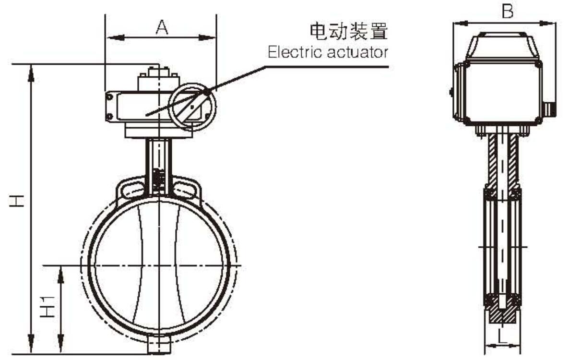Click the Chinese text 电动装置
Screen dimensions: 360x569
tap(348, 32)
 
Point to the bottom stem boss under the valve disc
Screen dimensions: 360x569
tap(159, 345)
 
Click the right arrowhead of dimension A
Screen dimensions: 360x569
tap(212, 37)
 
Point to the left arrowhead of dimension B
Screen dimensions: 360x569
tap(457, 23)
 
